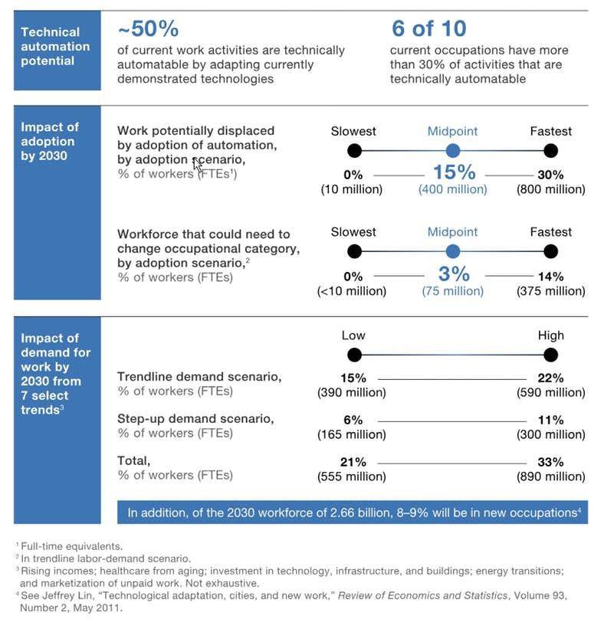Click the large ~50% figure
point(149,28)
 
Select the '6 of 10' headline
point(429,28)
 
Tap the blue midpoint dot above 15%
point(453,151)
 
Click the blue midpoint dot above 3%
point(453,251)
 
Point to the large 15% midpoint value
point(455,172)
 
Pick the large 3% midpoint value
point(454,273)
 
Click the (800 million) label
point(551,189)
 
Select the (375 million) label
point(551,291)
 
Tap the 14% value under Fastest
point(551,277)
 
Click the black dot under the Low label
point(354,355)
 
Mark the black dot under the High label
point(551,355)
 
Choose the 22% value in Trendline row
point(551,378)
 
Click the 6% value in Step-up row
point(353,420)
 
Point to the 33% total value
point(551,462)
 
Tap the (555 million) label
point(352,476)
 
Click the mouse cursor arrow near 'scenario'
point(197,164)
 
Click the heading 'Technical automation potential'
point(55,47)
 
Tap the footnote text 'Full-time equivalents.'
point(72,546)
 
